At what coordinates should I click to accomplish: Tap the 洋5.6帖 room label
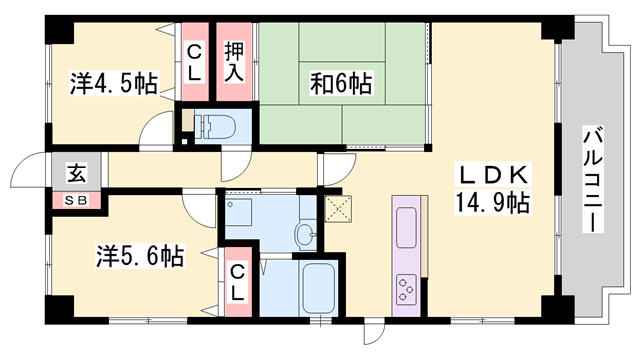click(141, 256)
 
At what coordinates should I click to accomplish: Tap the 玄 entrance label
click(76, 172)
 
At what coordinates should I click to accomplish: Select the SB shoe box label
click(77, 199)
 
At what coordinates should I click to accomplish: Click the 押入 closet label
click(234, 60)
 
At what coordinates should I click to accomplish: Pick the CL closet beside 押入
click(194, 60)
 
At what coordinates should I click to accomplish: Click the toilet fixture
click(215, 126)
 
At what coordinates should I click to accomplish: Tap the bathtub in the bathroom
click(319, 288)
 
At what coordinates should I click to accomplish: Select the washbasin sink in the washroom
click(304, 234)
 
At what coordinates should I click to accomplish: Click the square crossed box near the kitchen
click(340, 209)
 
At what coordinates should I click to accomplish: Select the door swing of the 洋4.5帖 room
click(158, 133)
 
